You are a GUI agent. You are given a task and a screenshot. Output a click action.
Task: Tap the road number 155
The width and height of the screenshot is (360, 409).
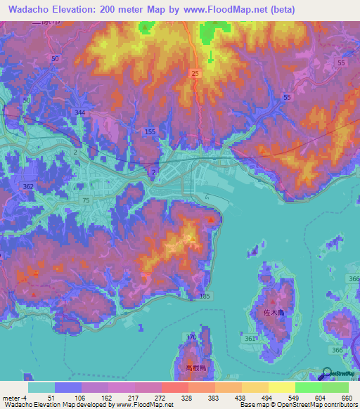[x=149, y=132]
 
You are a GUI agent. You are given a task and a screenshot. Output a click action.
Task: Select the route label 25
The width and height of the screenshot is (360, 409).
[x=195, y=74]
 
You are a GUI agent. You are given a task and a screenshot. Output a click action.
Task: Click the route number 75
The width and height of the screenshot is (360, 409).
[x=86, y=200]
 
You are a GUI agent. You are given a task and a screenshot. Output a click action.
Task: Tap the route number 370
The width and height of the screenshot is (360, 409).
[x=191, y=338]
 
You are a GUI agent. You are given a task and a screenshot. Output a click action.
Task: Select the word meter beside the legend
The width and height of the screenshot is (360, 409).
[x=11, y=398]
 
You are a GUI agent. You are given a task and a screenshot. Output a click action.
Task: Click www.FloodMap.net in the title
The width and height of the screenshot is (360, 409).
[x=229, y=9]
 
